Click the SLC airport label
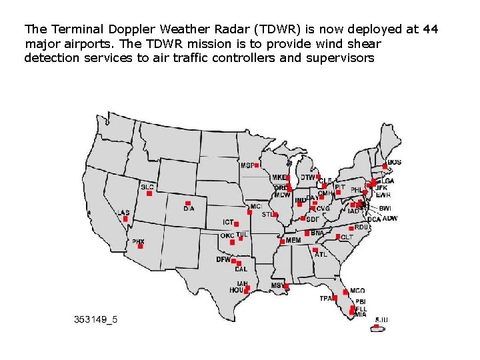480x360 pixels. (147, 187)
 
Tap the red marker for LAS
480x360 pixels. (125, 219)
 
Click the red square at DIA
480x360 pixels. (188, 203)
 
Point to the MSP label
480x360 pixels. (247, 165)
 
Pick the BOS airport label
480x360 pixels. (395, 162)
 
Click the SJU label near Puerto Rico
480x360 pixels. (381, 320)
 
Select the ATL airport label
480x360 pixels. (321, 254)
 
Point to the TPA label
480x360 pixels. (325, 298)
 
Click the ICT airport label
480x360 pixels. (229, 222)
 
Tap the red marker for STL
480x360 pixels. (275, 215)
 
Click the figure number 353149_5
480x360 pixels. (96, 319)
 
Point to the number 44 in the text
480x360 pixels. (431, 29)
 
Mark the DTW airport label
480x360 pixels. (307, 177)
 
